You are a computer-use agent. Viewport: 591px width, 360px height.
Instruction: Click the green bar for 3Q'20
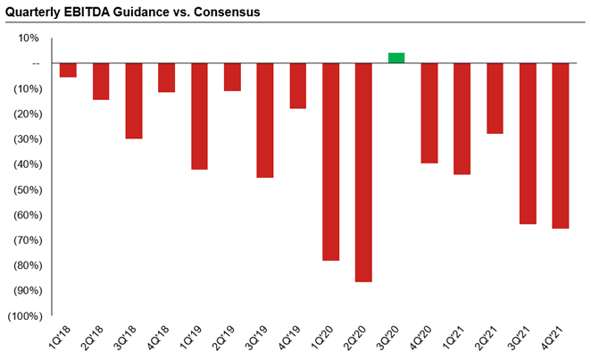pos(396,58)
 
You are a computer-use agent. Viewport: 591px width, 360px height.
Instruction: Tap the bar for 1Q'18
pos(68,71)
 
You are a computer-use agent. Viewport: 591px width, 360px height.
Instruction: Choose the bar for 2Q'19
pos(232,77)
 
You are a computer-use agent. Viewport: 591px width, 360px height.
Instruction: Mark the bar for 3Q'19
pos(265,121)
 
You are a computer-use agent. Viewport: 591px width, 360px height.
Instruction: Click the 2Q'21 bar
pos(495,98)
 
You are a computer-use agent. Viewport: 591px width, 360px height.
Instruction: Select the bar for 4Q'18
pos(166,78)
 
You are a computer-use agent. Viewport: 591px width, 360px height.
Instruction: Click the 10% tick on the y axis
pos(29,38)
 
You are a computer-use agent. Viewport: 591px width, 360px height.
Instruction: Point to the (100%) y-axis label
pos(23,316)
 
